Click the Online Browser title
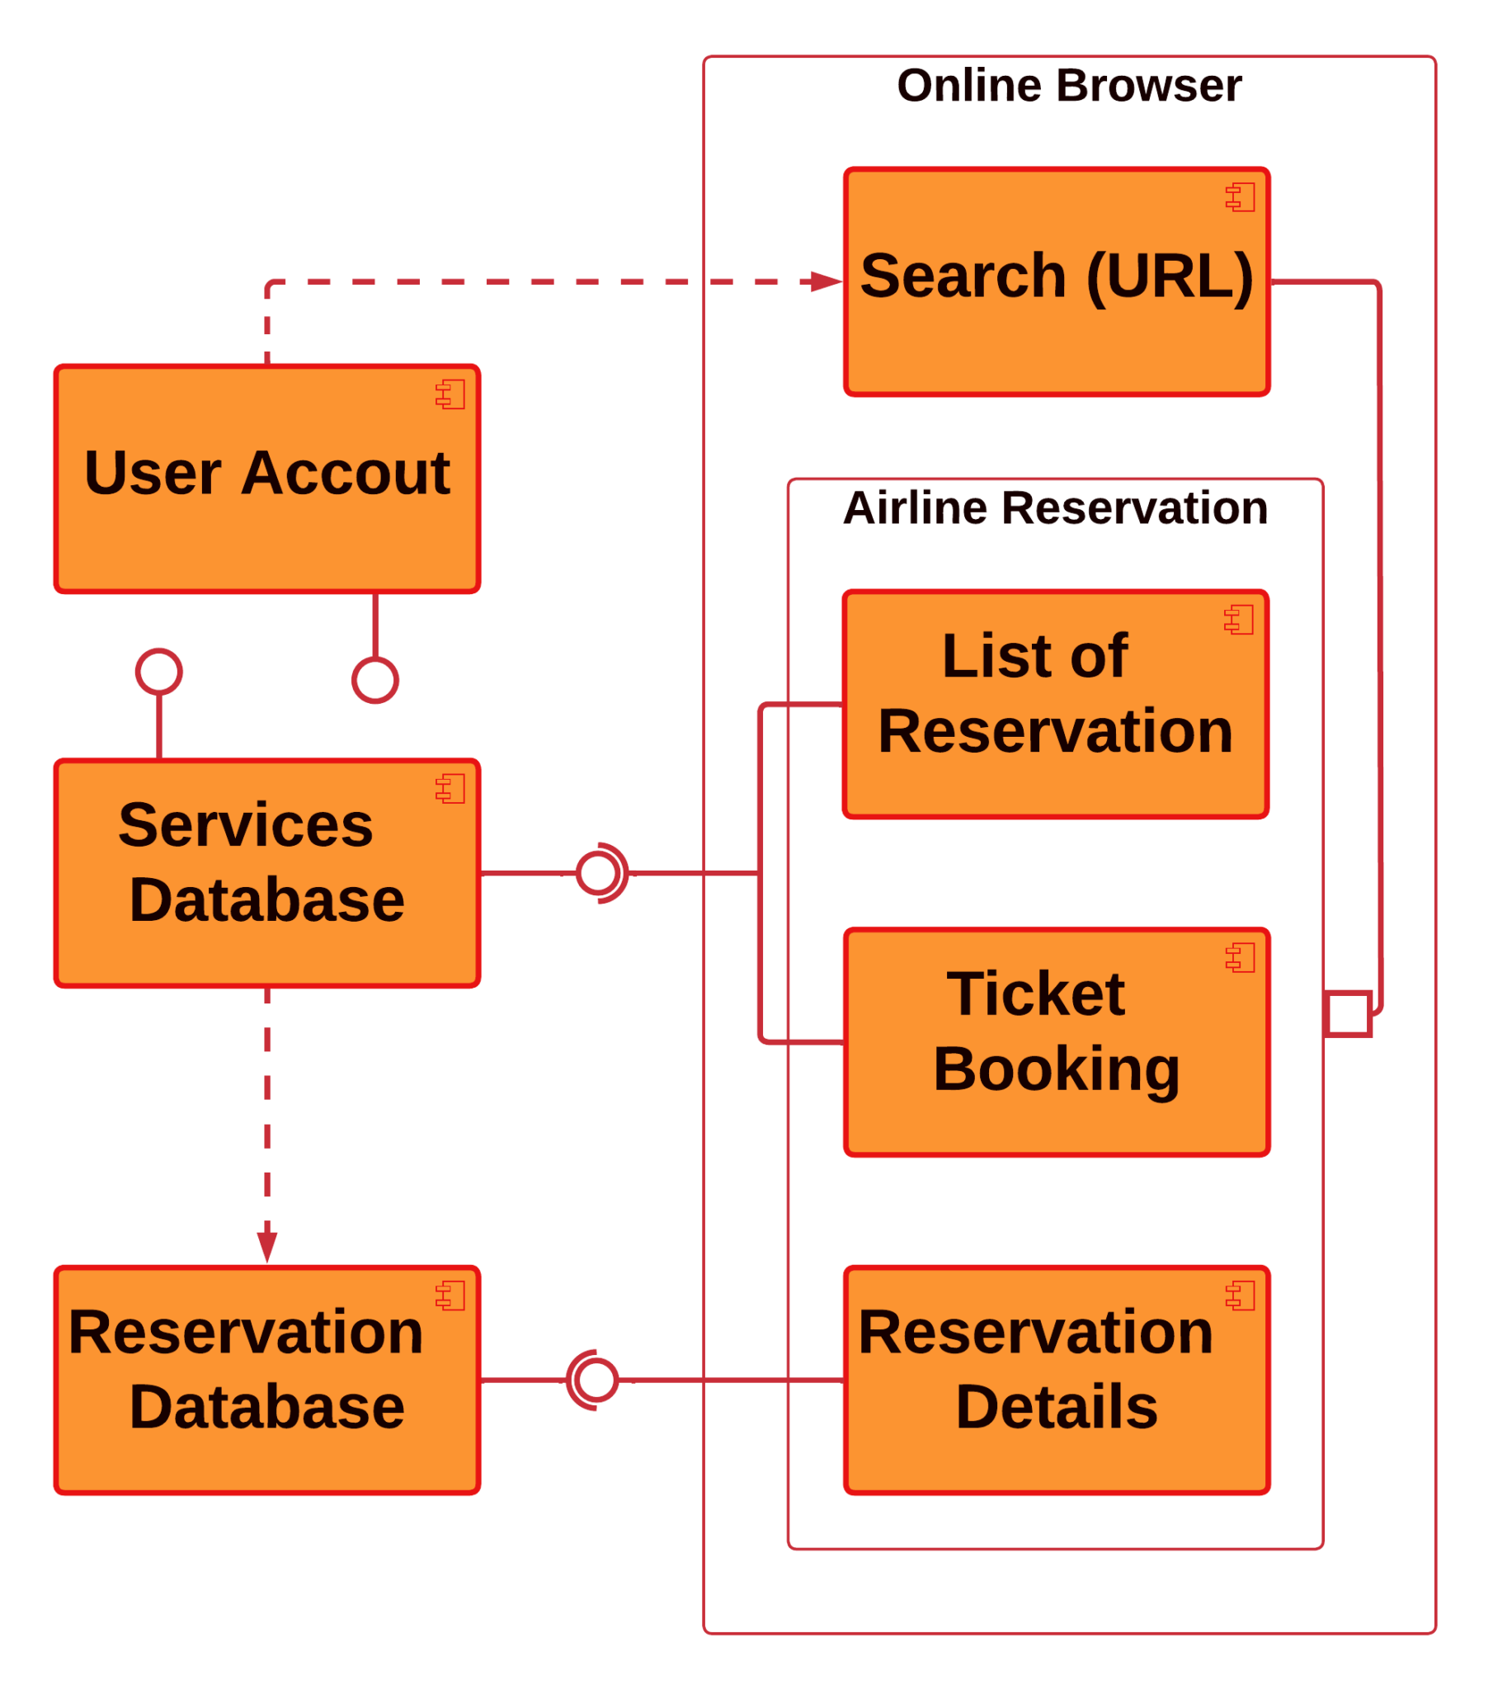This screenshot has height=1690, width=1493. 1069,86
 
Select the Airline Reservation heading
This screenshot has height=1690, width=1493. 1055,507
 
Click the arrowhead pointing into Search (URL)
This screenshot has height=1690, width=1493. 826,282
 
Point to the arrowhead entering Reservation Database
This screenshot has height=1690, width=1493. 267,1246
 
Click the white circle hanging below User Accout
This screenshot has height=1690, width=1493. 375,681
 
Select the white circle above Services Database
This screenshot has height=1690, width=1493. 158,672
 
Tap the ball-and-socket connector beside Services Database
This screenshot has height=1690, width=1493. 600,873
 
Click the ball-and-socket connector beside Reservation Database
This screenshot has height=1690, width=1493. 596,1380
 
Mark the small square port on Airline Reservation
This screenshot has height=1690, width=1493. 1349,1013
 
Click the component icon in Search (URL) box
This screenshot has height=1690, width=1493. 1240,196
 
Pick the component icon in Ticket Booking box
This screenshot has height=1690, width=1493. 1240,957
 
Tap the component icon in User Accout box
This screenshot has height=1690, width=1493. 450,394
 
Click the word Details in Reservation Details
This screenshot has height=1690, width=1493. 1057,1406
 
